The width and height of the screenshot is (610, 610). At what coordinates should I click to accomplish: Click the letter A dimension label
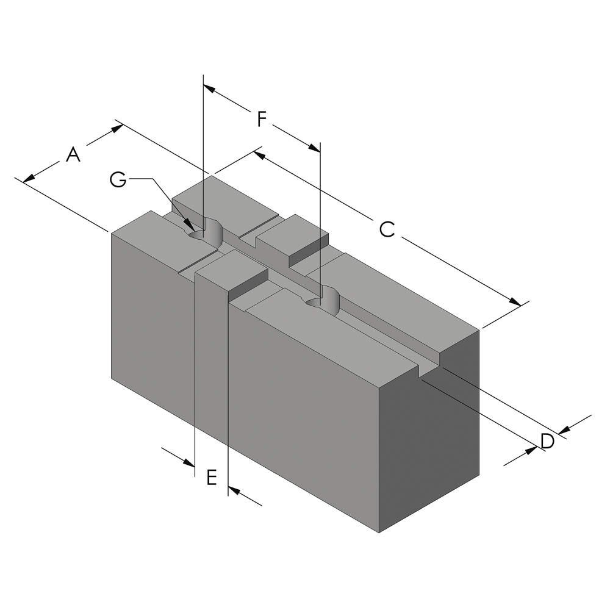tap(73, 155)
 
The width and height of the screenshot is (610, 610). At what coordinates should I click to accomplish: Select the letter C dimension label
tap(387, 229)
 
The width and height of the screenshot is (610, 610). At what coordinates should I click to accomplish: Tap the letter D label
tap(547, 440)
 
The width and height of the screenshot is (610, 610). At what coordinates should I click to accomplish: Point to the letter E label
tap(211, 477)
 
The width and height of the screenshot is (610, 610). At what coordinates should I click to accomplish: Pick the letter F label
tap(261, 119)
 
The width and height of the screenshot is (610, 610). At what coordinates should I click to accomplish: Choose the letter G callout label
tap(118, 179)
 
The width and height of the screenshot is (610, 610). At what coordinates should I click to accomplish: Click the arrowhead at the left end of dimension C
tap(259, 154)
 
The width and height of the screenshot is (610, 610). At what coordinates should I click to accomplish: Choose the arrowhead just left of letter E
tap(188, 463)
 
